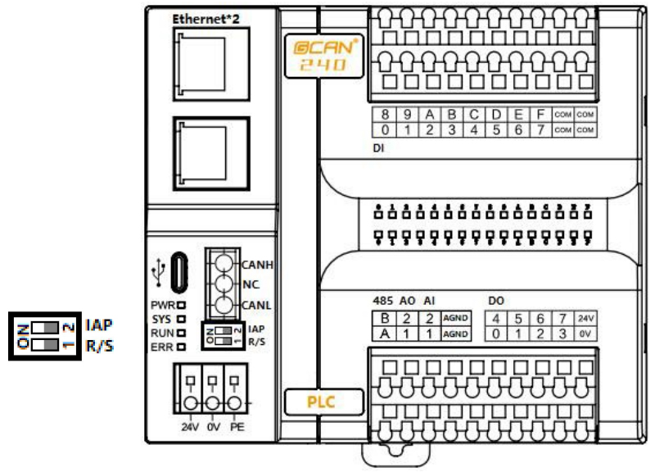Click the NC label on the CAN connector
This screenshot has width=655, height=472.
(x=251, y=285)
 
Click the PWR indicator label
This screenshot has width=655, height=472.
(x=160, y=304)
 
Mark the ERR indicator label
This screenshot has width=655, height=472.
(x=160, y=347)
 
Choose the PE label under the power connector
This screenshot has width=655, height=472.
(x=237, y=427)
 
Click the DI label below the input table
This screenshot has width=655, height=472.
(x=379, y=150)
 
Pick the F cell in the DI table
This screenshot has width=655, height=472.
(x=541, y=115)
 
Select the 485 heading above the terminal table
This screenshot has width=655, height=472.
(x=382, y=300)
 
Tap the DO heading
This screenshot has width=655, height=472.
(x=497, y=300)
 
